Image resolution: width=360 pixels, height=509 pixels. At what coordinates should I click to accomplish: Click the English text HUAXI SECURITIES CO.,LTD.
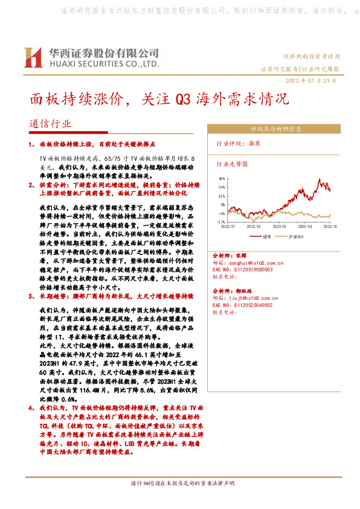coord(103,63)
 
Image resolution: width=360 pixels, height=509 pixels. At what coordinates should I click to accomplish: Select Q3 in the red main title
coord(182,99)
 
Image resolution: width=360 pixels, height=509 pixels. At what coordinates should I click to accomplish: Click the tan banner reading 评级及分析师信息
coord(276,129)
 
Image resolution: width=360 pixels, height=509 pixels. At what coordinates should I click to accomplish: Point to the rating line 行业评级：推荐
coord(239,144)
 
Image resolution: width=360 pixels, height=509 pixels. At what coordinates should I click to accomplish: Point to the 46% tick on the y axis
coord(222,180)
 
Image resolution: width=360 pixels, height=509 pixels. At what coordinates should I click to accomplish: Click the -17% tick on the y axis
coord(221,222)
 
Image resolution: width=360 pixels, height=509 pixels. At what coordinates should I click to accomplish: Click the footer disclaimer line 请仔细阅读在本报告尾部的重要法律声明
coord(180,483)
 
